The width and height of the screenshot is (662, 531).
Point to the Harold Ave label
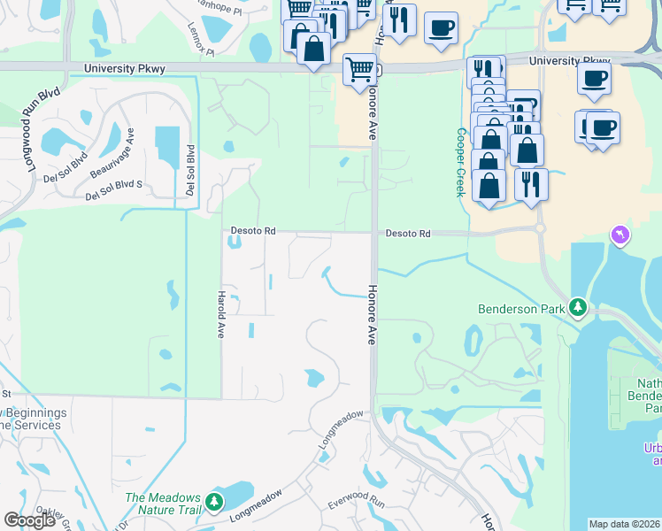tap(221, 313)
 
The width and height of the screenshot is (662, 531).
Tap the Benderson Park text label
tap(520, 309)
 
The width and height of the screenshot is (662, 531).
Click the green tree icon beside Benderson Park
tap(579, 308)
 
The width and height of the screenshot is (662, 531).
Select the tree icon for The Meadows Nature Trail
tap(214, 503)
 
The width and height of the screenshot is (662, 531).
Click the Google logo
tap(31, 520)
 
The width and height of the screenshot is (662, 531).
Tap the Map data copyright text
tap(625, 524)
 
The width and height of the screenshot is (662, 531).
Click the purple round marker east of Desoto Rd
tap(620, 234)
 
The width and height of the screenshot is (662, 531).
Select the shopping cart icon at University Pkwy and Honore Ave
tap(358, 69)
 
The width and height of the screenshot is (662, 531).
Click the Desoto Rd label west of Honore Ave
tap(253, 231)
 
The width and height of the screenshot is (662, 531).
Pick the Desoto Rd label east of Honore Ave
tap(407, 234)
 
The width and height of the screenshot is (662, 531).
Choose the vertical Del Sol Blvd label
tap(189, 170)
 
